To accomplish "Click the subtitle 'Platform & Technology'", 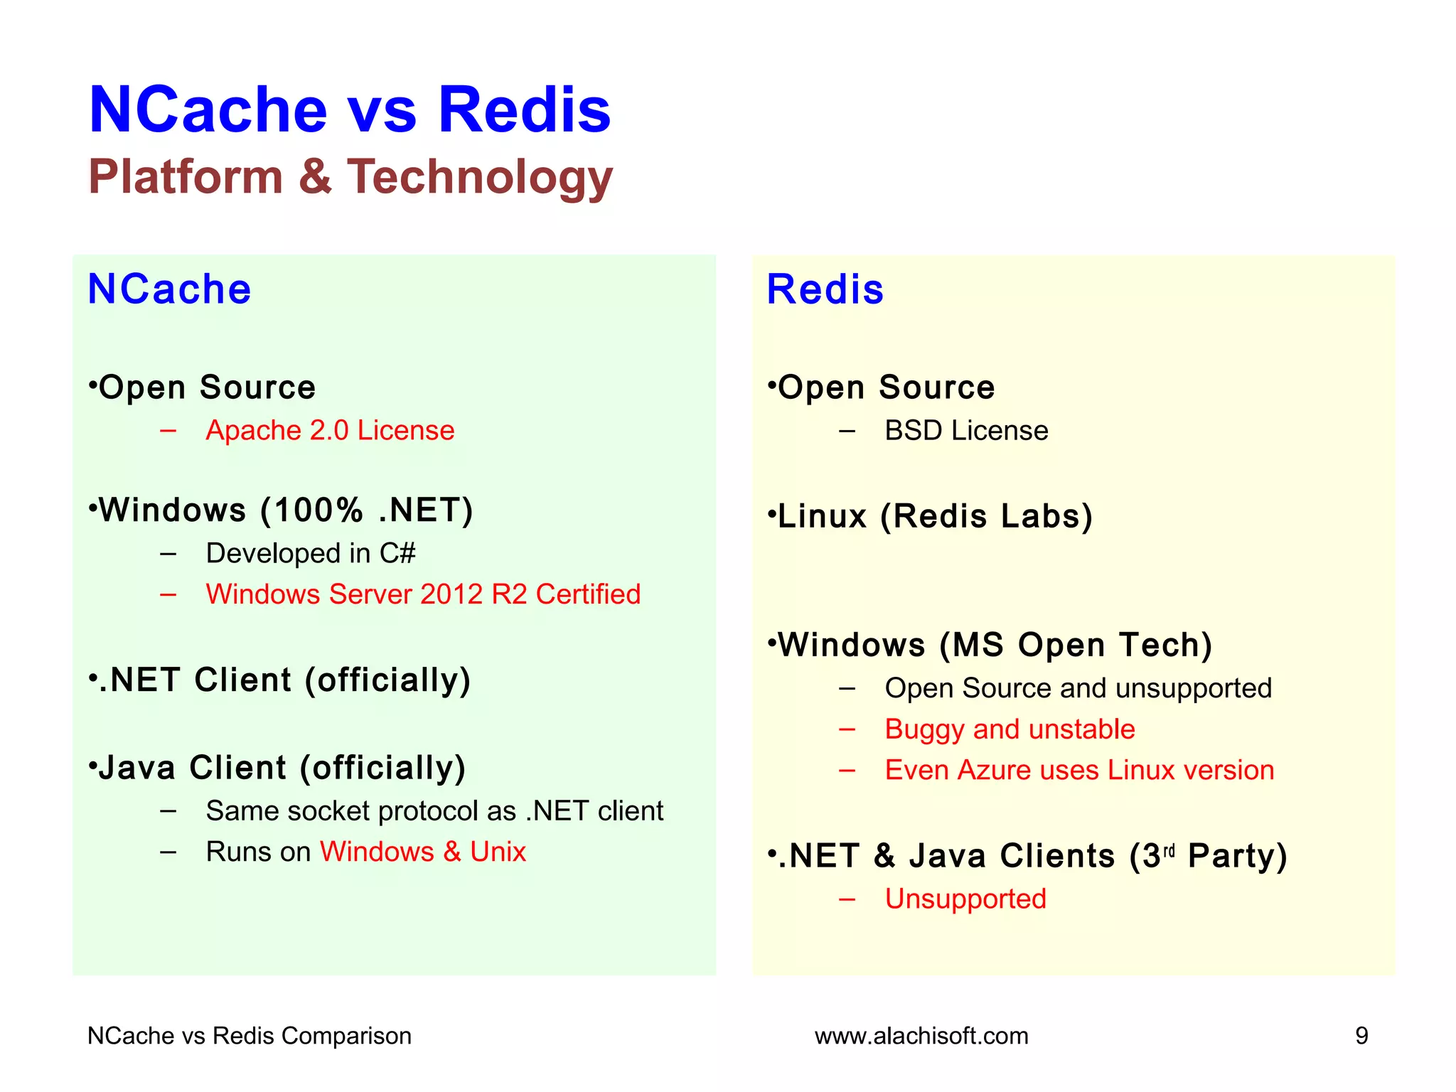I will pyautogui.click(x=350, y=176).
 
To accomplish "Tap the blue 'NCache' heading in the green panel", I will pyautogui.click(x=169, y=289).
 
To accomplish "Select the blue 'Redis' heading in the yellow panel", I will pyautogui.click(x=825, y=289).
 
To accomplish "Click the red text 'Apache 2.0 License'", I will pyautogui.click(x=330, y=431).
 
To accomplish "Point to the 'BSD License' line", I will pyautogui.click(x=966, y=431).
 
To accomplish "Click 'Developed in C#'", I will pyautogui.click(x=311, y=553).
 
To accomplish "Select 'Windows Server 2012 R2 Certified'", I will pyautogui.click(x=423, y=594).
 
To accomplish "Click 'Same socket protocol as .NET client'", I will pyautogui.click(x=434, y=811).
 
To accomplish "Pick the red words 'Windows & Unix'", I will pyautogui.click(x=423, y=852).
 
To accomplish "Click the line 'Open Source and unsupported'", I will pyautogui.click(x=1078, y=688).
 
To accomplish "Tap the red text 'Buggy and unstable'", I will pyautogui.click(x=1010, y=729).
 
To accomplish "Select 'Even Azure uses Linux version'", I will pyautogui.click(x=1079, y=771).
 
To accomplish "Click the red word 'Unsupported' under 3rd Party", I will pyautogui.click(x=965, y=899).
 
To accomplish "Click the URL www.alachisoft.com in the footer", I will pyautogui.click(x=921, y=1036).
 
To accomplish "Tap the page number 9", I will pyautogui.click(x=1361, y=1036).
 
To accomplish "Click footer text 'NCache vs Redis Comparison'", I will pyautogui.click(x=250, y=1036).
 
